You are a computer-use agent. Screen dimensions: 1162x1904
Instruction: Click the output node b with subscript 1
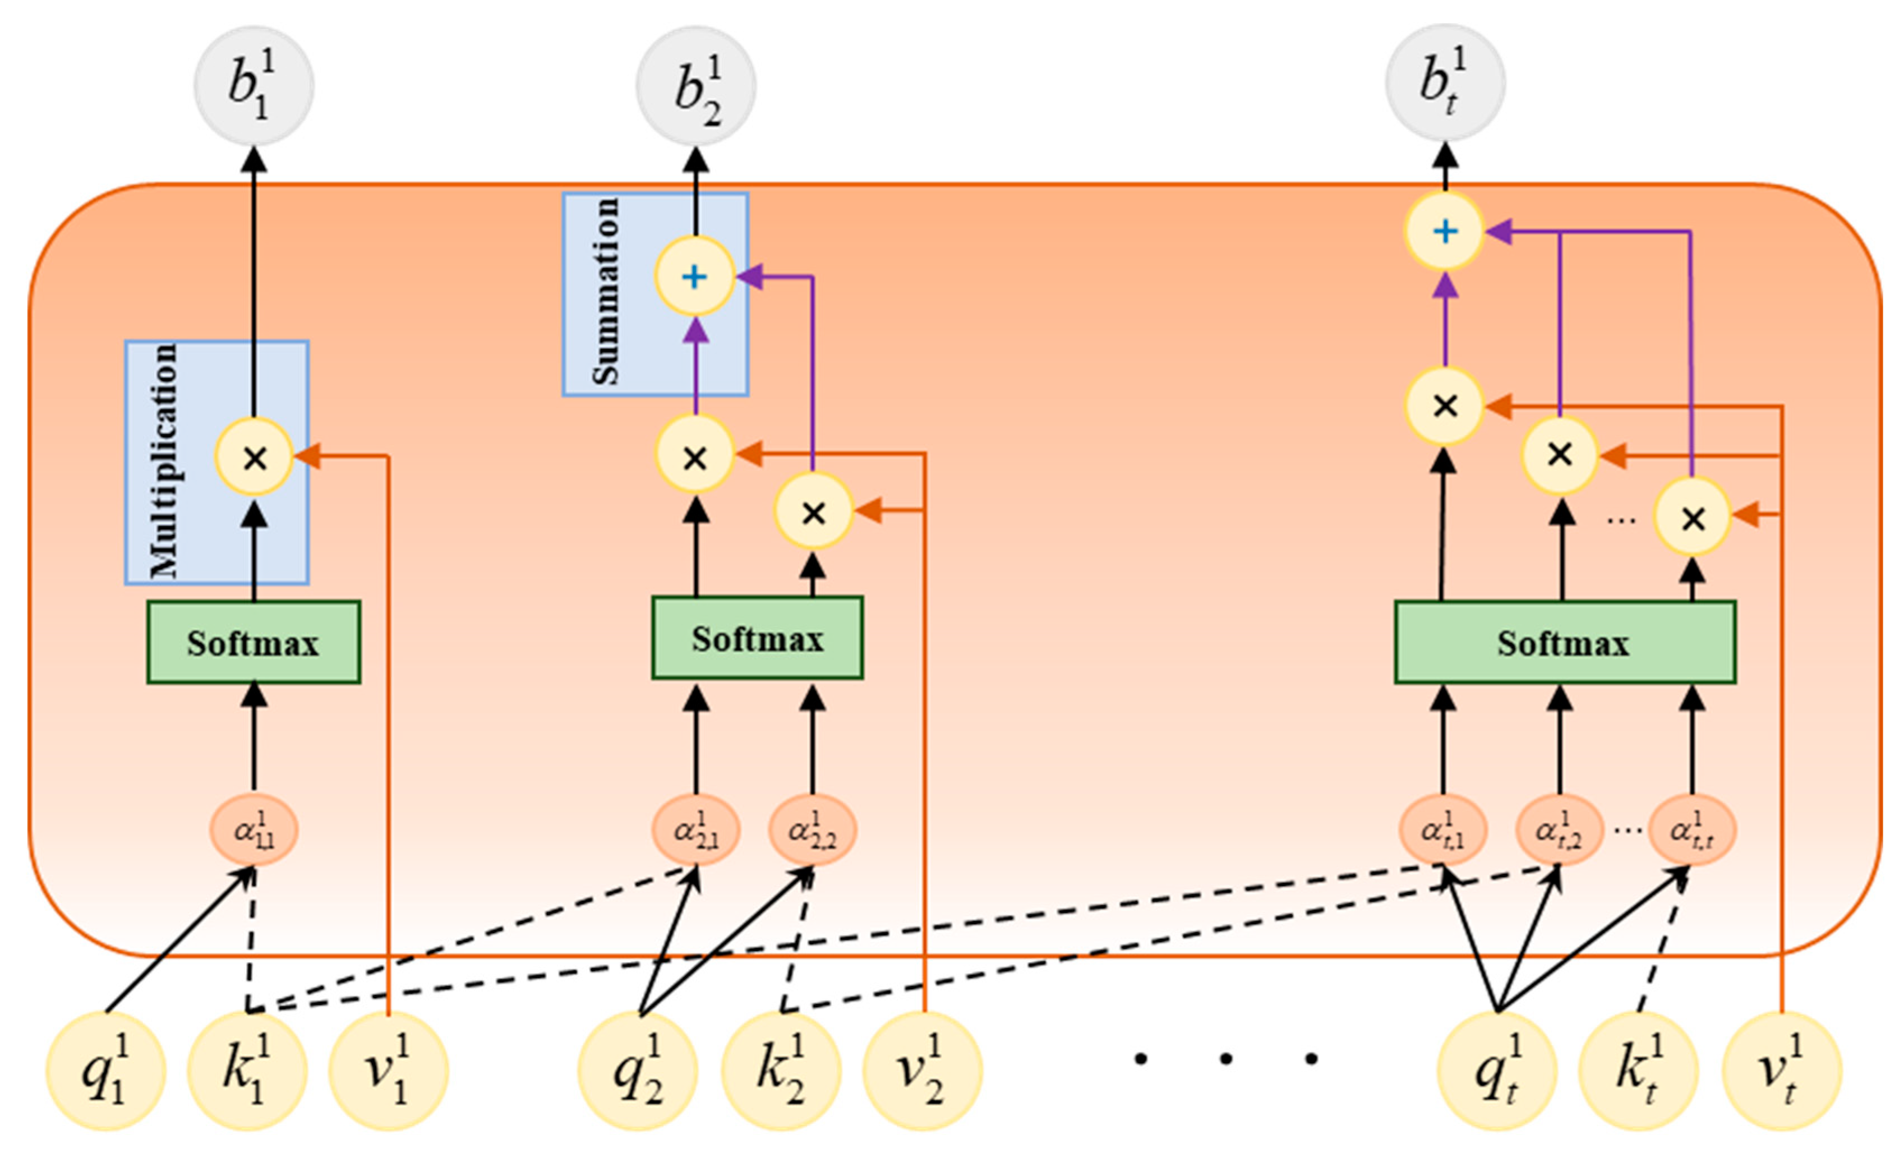pos(253,86)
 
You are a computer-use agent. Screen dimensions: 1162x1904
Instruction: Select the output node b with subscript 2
pos(695,86)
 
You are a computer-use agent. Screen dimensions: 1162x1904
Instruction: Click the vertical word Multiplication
pos(164,461)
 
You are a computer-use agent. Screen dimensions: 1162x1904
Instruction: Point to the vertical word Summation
pos(606,291)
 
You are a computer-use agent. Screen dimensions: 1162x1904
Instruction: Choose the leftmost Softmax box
pos(253,643)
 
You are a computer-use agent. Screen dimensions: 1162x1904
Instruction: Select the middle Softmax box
pos(757,638)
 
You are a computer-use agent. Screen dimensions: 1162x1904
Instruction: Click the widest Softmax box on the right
pos(1565,643)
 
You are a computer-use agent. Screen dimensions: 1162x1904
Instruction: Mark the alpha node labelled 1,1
pos(253,831)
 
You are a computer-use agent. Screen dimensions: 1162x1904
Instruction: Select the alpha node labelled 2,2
pos(812,831)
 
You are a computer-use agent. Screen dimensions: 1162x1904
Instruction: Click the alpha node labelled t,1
pos(1442,831)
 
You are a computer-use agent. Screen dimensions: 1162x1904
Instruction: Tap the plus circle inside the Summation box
pos(694,276)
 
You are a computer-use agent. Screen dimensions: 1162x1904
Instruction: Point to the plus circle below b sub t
pos(1444,231)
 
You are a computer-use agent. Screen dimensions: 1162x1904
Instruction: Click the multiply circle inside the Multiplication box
pos(254,458)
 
